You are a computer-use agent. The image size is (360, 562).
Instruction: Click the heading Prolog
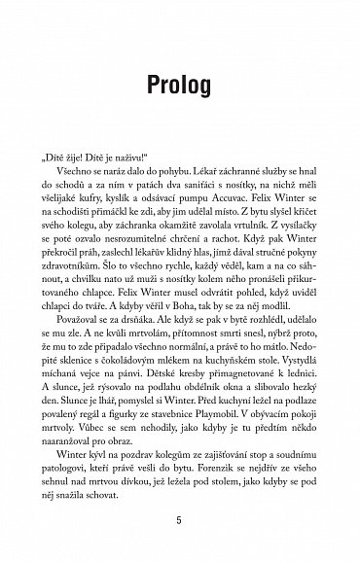179,85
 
